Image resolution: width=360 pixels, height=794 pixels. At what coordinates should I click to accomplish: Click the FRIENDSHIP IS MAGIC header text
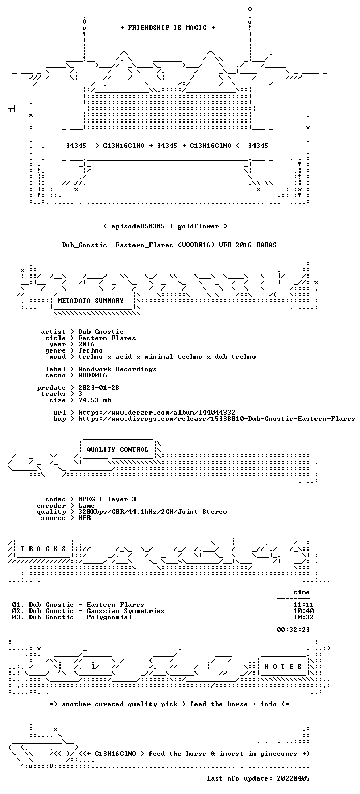[168, 27]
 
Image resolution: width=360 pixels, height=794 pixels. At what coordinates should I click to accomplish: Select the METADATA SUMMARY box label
[91, 300]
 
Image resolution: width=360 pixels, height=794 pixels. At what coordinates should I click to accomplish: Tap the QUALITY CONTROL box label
[117, 449]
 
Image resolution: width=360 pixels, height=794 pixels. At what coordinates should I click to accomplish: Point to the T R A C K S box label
[43, 548]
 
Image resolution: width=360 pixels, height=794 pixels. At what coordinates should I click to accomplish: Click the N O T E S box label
[283, 667]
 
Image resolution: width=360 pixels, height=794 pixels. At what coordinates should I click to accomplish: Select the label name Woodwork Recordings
[117, 369]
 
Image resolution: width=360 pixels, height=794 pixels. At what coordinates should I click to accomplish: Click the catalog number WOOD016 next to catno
[93, 375]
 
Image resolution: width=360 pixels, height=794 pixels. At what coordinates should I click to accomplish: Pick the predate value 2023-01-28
[99, 387]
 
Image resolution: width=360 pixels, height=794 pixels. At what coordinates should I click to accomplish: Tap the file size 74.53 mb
[95, 400]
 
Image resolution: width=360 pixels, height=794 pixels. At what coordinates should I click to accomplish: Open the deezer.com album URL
[157, 412]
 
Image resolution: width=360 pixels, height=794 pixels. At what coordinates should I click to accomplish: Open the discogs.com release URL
[217, 419]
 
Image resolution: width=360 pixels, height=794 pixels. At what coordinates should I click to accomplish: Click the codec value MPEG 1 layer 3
[107, 499]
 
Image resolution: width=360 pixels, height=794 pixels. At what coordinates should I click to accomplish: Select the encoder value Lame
[86, 506]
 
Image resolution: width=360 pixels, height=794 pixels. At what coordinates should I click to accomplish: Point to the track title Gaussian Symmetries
[126, 611]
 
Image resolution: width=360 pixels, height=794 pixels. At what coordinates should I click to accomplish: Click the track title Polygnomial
[109, 617]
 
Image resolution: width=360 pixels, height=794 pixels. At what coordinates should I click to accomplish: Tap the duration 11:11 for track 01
[304, 605]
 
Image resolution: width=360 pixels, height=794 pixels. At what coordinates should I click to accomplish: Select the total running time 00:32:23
[293, 630]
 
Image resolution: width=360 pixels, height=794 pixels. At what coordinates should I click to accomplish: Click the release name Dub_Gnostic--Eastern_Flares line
[169, 245]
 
